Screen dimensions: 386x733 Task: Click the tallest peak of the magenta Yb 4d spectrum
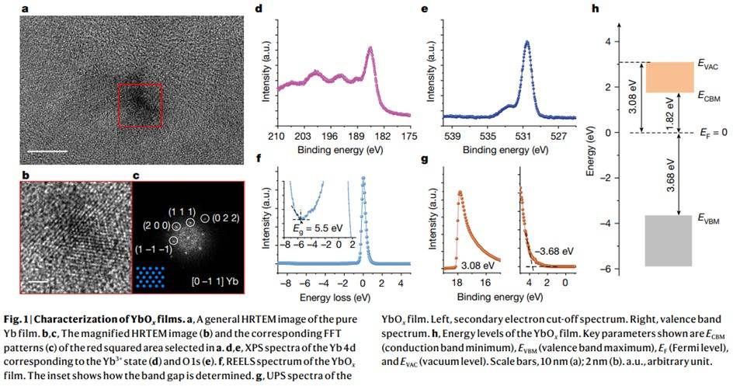(370, 50)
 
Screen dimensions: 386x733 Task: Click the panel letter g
(423, 160)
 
